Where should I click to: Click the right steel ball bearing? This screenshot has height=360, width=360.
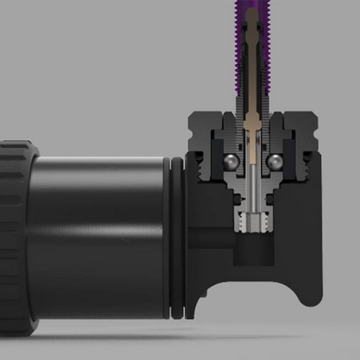274,163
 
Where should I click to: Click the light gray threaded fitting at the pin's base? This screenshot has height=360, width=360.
253,220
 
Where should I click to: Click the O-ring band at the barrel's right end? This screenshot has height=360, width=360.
174,238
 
